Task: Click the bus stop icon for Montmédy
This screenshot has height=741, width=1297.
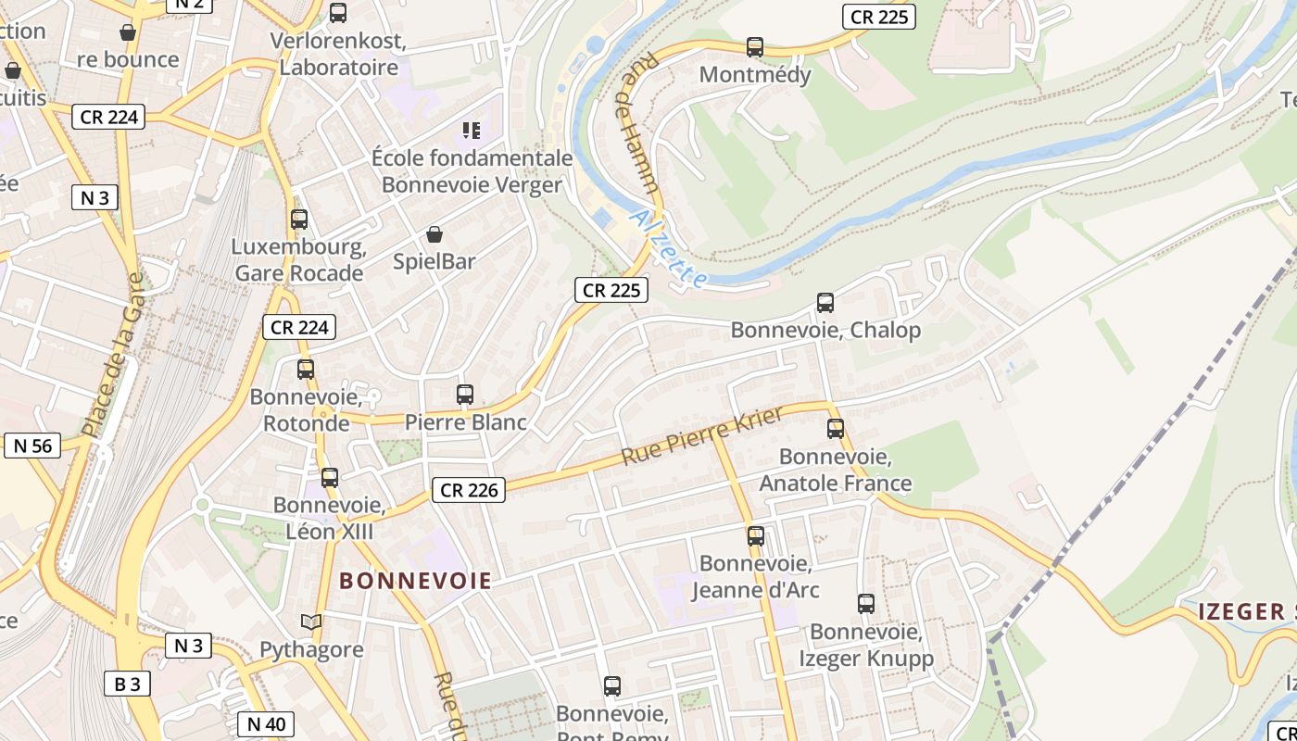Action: click(x=755, y=47)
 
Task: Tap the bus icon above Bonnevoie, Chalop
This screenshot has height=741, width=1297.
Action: click(x=825, y=303)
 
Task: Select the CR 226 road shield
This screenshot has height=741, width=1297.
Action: click(x=469, y=490)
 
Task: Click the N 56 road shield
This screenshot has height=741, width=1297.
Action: click(x=32, y=446)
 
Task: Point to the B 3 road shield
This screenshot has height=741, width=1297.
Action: click(x=127, y=684)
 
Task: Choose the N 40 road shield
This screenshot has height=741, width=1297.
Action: click(x=267, y=723)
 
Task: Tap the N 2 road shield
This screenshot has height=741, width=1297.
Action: click(x=189, y=5)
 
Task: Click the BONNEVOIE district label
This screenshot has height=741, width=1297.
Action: click(x=415, y=582)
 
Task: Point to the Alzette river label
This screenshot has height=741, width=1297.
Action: click(x=670, y=247)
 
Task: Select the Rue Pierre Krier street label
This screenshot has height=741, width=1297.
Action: click(x=702, y=435)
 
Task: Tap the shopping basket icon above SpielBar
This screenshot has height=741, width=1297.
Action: click(x=434, y=234)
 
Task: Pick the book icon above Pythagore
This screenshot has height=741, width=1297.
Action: click(x=311, y=622)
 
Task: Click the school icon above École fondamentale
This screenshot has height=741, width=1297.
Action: click(x=472, y=131)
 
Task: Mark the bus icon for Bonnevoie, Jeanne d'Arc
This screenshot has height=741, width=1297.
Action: click(x=756, y=536)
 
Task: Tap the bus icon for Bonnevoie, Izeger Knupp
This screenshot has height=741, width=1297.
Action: click(x=866, y=604)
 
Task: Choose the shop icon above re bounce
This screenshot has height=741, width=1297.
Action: click(x=128, y=32)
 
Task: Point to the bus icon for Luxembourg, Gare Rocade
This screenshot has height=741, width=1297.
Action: click(x=298, y=220)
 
